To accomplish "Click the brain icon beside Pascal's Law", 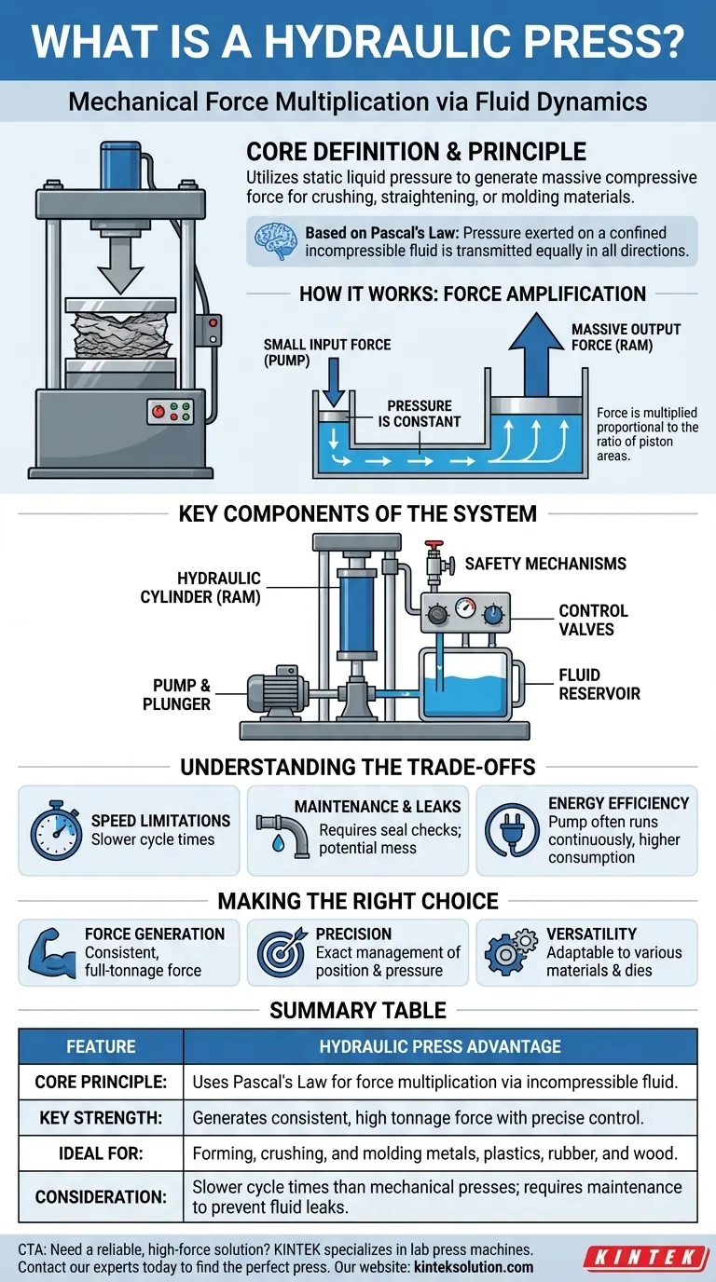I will point(280,241).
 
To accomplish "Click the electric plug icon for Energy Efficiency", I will point(511,829).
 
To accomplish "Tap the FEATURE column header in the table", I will point(101,1046).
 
